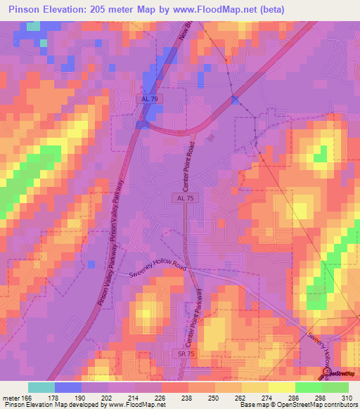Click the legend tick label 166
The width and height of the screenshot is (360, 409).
click(x=27, y=398)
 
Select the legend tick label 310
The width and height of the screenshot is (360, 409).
click(x=348, y=398)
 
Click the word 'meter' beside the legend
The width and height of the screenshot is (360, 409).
click(x=10, y=398)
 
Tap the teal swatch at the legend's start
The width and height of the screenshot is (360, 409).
click(x=41, y=387)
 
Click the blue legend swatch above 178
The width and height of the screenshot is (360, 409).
click(x=68, y=387)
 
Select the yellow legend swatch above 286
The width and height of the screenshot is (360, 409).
click(x=282, y=387)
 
